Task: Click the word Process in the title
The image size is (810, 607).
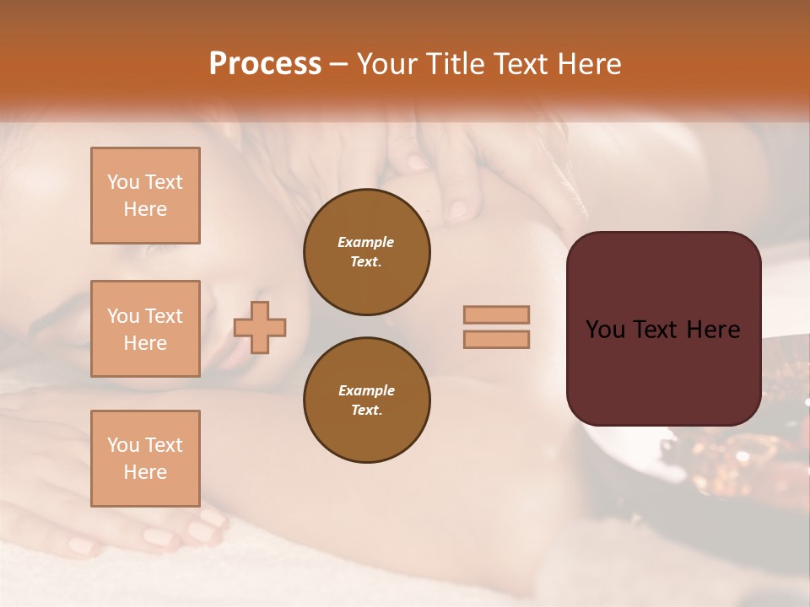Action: point(265,64)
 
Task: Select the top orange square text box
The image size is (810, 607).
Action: point(145,196)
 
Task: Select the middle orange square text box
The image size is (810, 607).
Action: point(145,329)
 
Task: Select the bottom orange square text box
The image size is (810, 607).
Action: point(145,459)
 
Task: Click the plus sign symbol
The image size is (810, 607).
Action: point(260,327)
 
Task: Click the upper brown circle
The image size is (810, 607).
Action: point(366,252)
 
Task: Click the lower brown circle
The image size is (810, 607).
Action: point(366,400)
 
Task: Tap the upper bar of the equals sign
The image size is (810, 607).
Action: point(496,314)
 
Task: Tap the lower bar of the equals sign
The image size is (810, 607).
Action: point(496,340)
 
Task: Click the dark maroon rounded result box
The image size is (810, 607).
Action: point(663,329)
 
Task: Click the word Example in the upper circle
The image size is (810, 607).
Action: point(366,242)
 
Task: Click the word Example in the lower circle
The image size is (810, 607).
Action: point(366,390)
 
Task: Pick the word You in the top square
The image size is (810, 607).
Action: point(122,182)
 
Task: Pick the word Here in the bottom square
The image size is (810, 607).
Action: point(145,472)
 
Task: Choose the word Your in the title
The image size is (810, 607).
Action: point(388,64)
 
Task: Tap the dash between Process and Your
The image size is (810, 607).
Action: point(338,65)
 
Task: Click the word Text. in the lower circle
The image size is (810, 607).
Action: point(366,410)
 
